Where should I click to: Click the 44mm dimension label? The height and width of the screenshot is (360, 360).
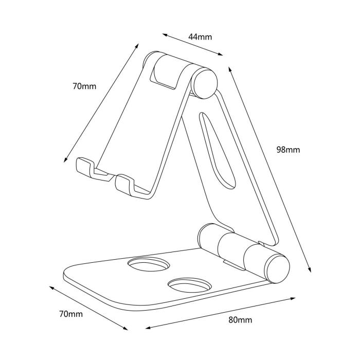pos(200,37)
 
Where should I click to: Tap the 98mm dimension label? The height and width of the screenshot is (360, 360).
pos(288,150)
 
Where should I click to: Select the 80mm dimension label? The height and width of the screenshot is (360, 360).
pos(240,320)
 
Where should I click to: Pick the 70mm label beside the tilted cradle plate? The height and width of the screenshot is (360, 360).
pos(84,86)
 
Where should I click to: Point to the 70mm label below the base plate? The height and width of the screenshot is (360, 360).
pos(70,313)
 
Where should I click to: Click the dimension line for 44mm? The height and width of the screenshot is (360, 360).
pos(193,44)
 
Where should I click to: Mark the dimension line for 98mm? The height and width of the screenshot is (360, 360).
pos(269,169)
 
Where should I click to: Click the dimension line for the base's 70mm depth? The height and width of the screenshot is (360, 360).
pos(91,308)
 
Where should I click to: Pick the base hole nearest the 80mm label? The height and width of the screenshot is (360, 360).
pos(189,286)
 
